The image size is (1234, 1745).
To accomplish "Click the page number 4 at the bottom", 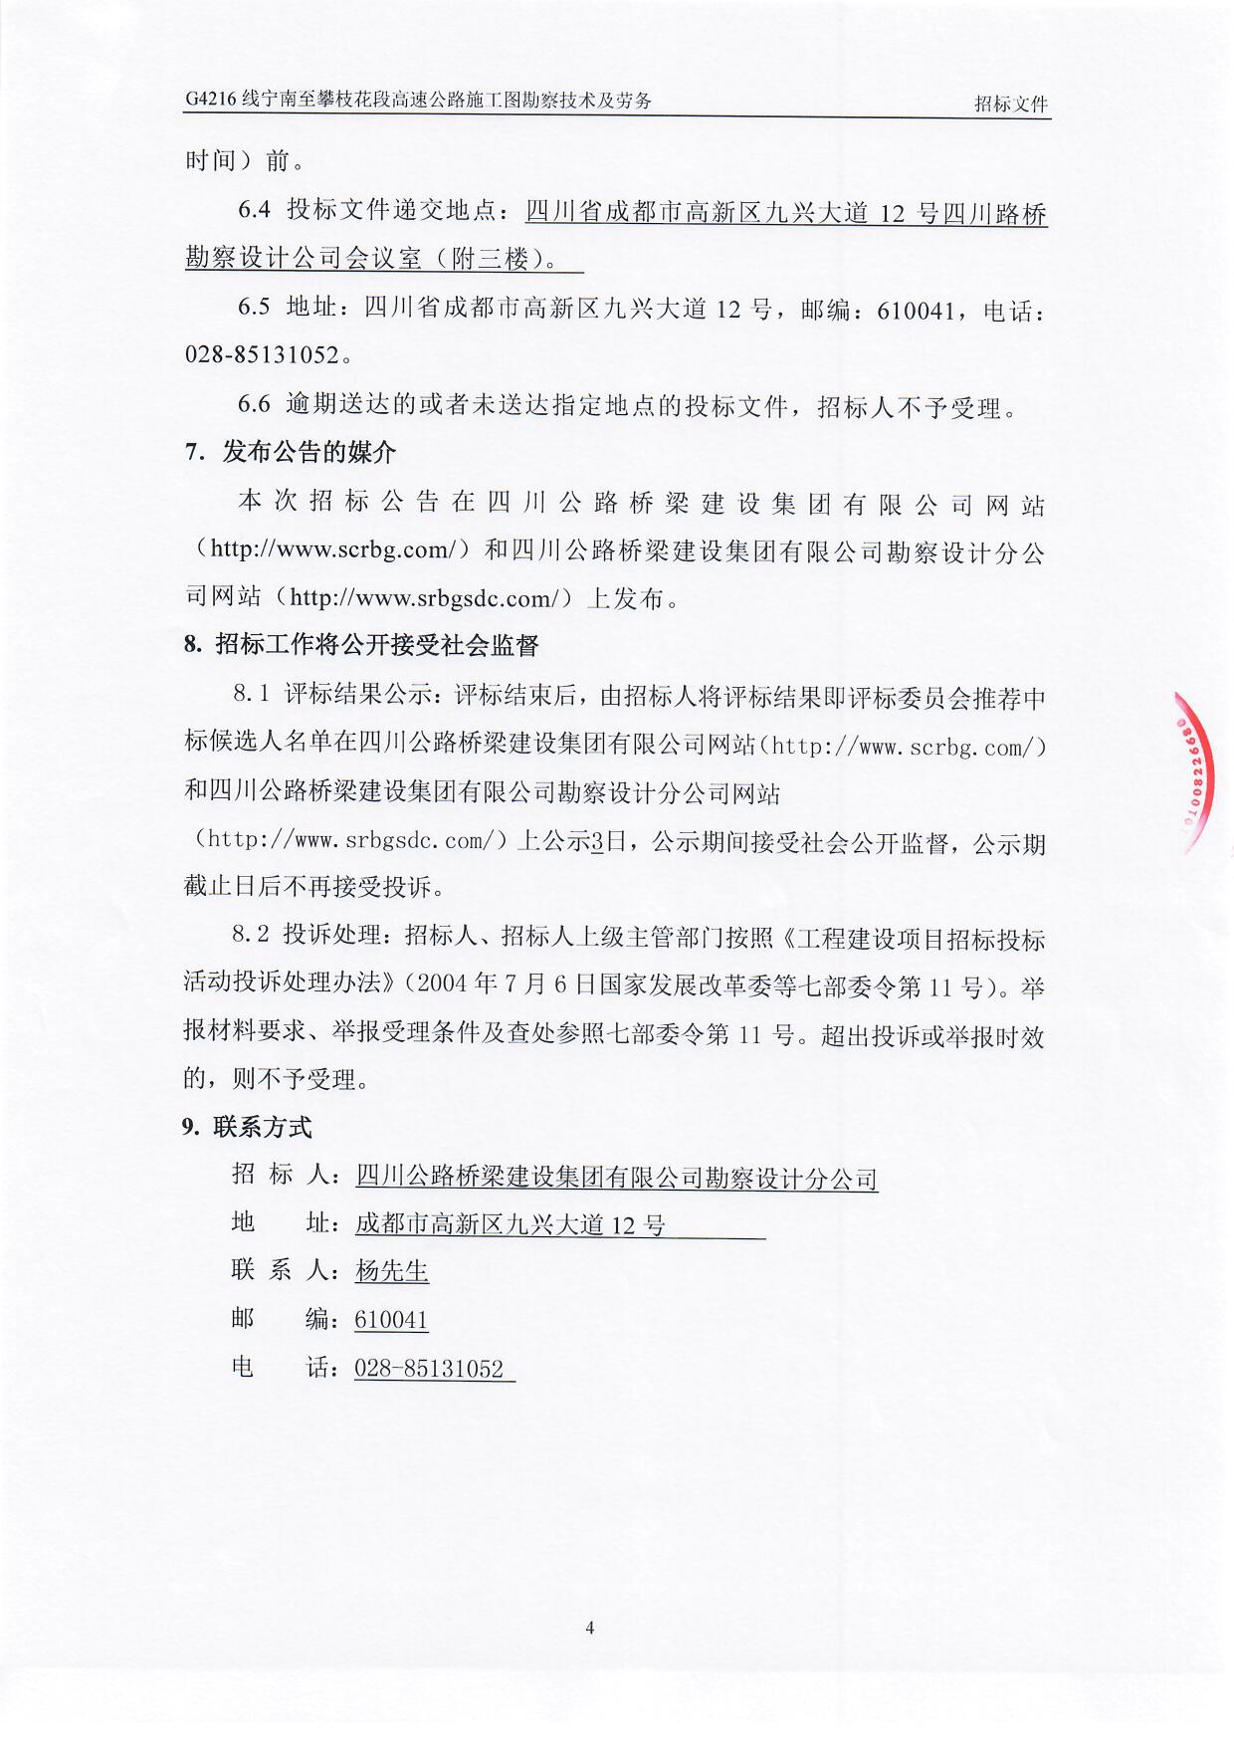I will [590, 1628].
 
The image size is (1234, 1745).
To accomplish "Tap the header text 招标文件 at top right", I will [1010, 104].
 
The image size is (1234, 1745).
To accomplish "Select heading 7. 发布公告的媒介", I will [291, 452].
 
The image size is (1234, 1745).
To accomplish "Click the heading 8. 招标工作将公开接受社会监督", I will [361, 645].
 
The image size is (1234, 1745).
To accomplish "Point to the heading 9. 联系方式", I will [247, 1127].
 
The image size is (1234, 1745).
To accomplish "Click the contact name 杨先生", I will [392, 1271].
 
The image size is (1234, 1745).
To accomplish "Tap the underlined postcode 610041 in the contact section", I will [391, 1320].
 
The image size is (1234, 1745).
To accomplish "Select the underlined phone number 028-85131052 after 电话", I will [430, 1369].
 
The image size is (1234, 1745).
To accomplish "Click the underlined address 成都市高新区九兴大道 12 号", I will [511, 1224].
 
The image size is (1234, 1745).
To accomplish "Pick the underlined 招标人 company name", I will [616, 1178].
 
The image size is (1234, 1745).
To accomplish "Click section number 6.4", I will [255, 210].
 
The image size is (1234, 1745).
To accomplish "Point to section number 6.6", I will [254, 404].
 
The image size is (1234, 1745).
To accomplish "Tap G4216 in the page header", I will [209, 100].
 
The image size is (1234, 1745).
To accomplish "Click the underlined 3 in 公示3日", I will [597, 842].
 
